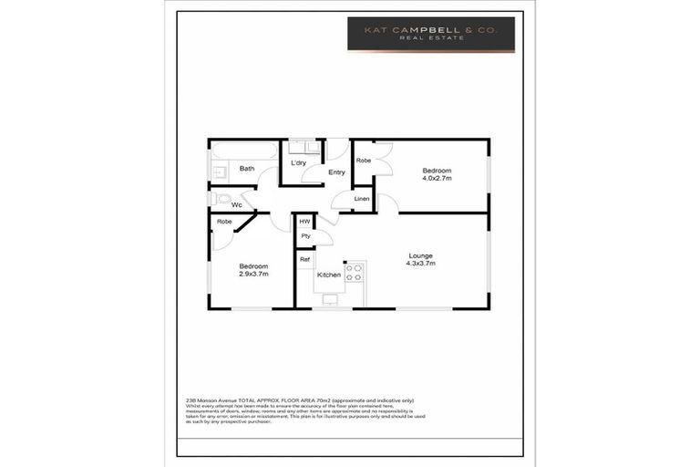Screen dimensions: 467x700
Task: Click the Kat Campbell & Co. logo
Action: tap(431, 34)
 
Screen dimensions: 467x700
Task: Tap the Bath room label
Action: tap(247, 169)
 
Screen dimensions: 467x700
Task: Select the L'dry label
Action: tap(298, 162)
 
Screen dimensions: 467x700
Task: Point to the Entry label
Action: tap(336, 172)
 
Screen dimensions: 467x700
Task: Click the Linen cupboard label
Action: tap(362, 198)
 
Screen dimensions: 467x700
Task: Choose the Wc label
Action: tap(236, 205)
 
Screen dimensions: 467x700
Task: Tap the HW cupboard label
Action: tap(304, 222)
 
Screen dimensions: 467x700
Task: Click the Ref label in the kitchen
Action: tap(304, 260)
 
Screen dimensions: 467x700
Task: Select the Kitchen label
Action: tap(328, 275)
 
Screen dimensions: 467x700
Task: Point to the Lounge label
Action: tap(420, 255)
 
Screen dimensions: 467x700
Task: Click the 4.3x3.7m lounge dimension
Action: tap(420, 264)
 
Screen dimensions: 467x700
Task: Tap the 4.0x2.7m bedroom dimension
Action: tap(437, 179)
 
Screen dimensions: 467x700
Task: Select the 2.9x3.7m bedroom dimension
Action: tap(253, 274)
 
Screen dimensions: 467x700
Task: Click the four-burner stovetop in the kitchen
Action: tap(354, 272)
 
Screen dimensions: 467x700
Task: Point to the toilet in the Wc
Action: tap(221, 198)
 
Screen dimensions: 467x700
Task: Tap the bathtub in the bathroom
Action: tap(243, 150)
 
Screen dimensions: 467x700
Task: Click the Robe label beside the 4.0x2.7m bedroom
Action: tap(363, 161)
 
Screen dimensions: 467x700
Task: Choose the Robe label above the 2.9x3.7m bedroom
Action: tap(224, 222)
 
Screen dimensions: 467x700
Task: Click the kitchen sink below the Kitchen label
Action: tap(329, 297)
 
